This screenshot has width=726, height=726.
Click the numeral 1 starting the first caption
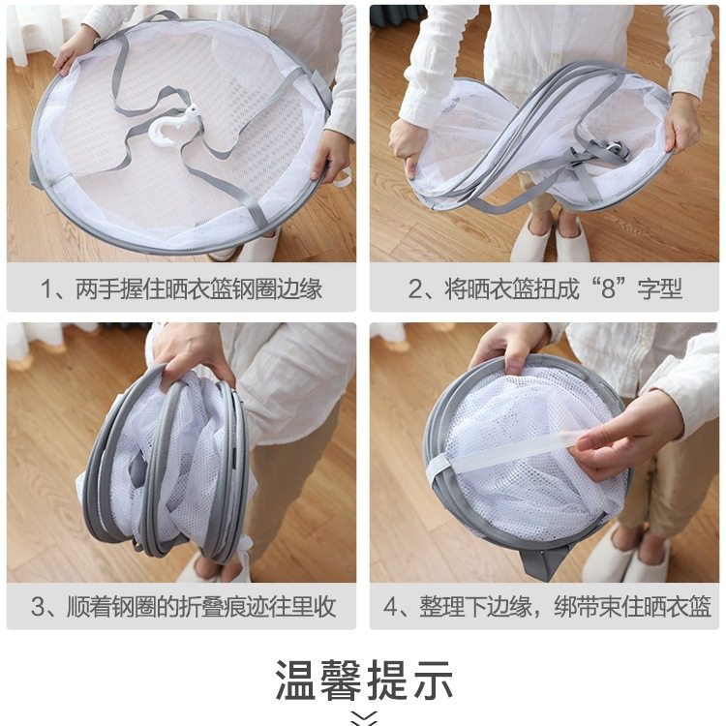(45, 288)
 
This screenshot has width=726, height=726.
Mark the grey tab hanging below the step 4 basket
(543, 560)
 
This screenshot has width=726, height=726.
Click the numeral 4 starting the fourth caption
(391, 607)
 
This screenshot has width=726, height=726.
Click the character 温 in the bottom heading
(296, 680)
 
